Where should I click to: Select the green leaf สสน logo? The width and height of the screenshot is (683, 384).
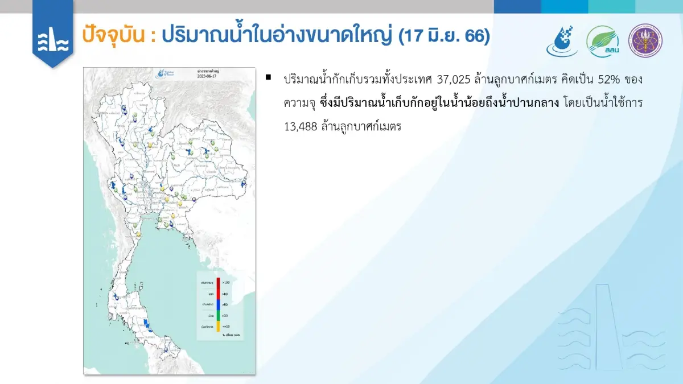tap(603, 42)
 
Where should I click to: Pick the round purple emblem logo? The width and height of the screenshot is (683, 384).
tap(645, 40)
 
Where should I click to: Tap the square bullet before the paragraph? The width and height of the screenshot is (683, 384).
tap(269, 76)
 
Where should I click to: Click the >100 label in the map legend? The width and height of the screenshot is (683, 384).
tap(226, 282)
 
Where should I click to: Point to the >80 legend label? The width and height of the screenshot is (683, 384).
tap(225, 294)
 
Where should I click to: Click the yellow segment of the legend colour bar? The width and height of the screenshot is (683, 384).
tap(218, 327)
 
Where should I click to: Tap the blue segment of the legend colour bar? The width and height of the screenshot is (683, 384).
tap(218, 305)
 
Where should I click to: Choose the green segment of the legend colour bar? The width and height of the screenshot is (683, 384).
tap(218, 316)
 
